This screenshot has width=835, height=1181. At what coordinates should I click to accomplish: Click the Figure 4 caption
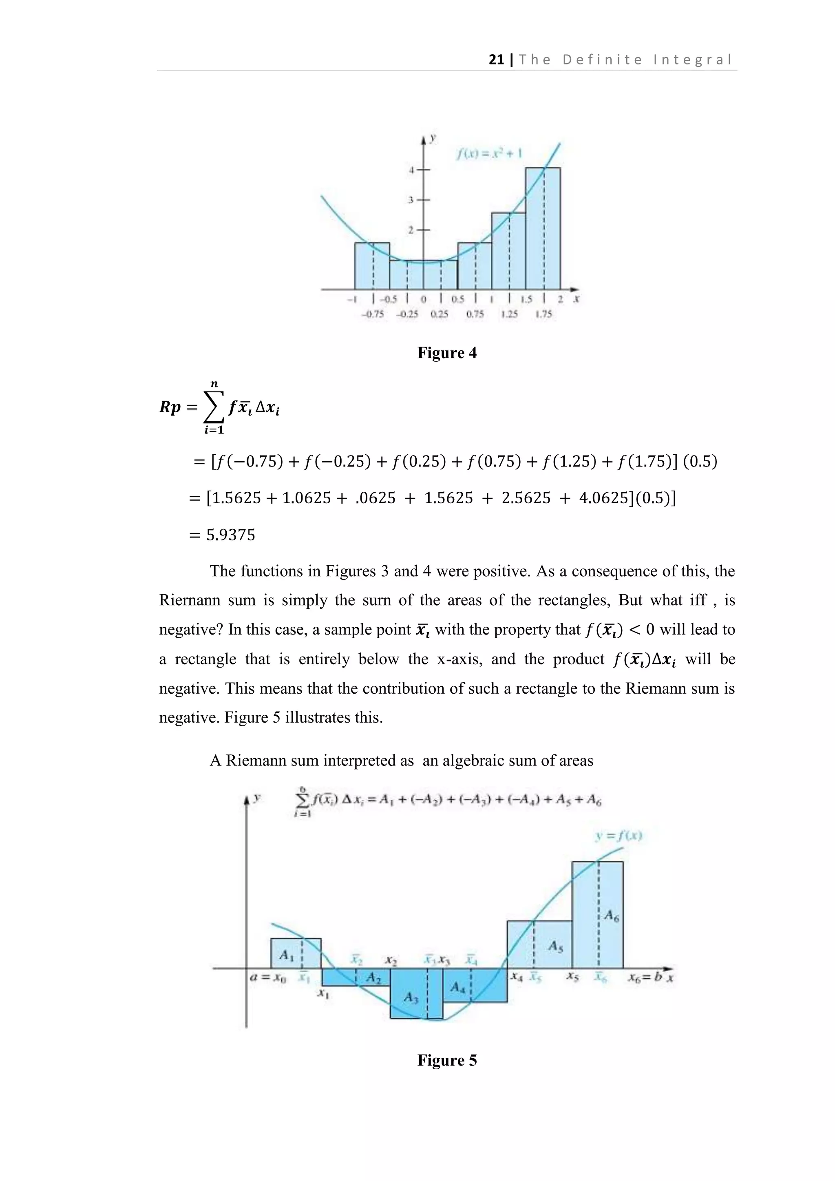click(447, 353)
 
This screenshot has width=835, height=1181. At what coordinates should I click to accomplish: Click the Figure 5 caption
click(447, 1060)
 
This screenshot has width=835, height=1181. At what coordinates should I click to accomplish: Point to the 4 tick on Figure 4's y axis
click(411, 169)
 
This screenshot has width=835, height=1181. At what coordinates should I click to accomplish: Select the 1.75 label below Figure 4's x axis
click(543, 314)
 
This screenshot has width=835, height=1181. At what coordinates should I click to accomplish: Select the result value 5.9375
click(230, 535)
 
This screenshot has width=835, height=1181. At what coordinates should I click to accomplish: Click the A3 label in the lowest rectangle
click(411, 997)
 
